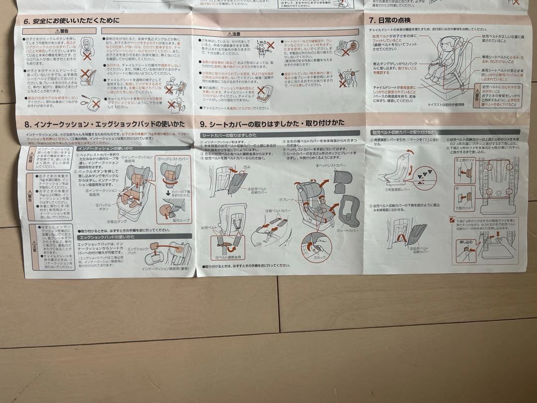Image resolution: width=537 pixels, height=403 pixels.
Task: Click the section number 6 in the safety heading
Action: [x=25, y=21]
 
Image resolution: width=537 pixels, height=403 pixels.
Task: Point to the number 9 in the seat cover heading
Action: [x=202, y=124]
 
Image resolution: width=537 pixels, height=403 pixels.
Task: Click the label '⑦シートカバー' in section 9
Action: [x=348, y=231]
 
